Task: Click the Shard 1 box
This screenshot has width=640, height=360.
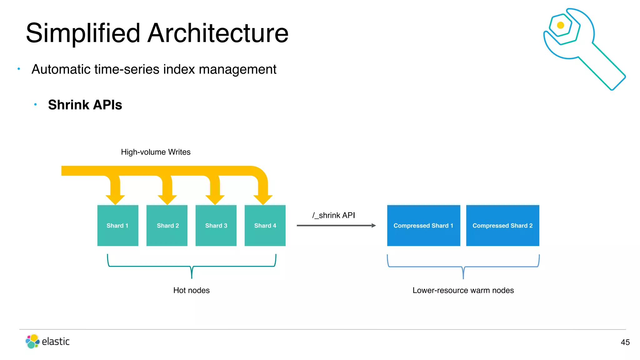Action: tap(117, 225)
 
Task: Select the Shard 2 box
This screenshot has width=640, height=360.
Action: tap(167, 225)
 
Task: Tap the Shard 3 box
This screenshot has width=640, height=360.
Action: tap(216, 225)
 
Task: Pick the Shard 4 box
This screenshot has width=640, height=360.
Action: tap(265, 225)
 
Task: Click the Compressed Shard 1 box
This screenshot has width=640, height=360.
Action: tap(423, 225)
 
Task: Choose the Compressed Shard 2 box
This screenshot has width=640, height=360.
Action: tap(502, 225)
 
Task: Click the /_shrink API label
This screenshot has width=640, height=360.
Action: tap(333, 215)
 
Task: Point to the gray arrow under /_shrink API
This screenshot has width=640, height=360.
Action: tap(336, 225)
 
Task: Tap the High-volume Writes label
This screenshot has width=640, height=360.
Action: tap(156, 152)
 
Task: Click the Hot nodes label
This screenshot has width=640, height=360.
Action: tap(191, 290)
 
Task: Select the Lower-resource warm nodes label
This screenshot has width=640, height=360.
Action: tap(463, 290)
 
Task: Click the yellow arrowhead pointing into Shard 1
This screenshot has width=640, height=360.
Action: tap(115, 199)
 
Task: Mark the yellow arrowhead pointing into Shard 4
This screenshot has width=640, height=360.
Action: tap(263, 199)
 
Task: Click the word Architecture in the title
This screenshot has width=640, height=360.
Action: tap(218, 33)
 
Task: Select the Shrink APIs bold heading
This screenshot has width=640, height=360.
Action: tap(85, 105)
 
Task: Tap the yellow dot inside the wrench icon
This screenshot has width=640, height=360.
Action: tap(561, 25)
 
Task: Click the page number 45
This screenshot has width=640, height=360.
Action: tap(625, 342)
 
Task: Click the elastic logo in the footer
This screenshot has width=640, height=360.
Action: tap(47, 341)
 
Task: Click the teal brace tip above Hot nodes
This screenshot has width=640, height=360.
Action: tap(192, 277)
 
